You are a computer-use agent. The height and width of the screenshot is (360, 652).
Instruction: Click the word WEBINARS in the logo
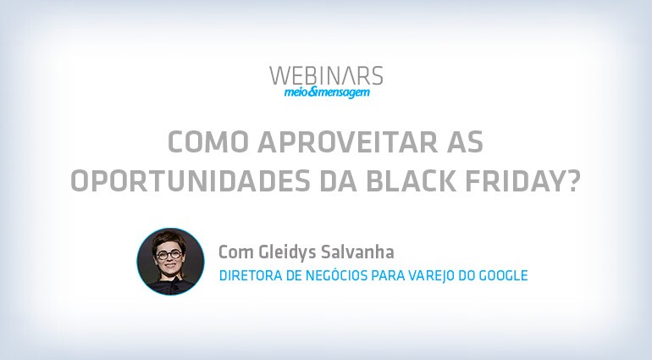(326, 75)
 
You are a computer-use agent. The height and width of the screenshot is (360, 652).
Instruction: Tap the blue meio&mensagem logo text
(327, 93)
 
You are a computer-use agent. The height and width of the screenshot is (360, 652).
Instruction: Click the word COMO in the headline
(207, 142)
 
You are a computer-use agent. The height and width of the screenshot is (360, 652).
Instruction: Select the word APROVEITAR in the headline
(348, 142)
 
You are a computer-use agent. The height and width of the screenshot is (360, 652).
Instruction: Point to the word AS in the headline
(466, 142)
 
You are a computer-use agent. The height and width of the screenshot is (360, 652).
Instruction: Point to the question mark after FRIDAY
(568, 181)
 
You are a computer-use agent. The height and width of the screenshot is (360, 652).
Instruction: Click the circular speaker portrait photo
(170, 262)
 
